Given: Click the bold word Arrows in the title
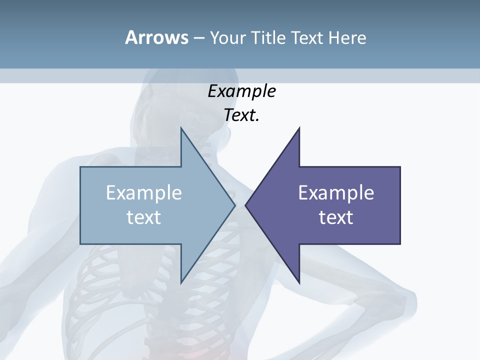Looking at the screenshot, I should click(156, 37).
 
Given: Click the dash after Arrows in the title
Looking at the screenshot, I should click(198, 38).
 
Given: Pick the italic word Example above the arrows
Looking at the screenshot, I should click(241, 92).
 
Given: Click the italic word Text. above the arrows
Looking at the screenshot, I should click(241, 115).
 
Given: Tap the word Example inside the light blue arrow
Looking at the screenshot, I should click(144, 193).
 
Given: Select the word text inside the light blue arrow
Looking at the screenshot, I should click(144, 217).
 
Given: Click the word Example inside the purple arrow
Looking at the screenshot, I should click(336, 193).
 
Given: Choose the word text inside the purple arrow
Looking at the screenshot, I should click(336, 217).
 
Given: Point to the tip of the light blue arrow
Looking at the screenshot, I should click(234, 205).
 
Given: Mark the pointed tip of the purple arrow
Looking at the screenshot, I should click(246, 205).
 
